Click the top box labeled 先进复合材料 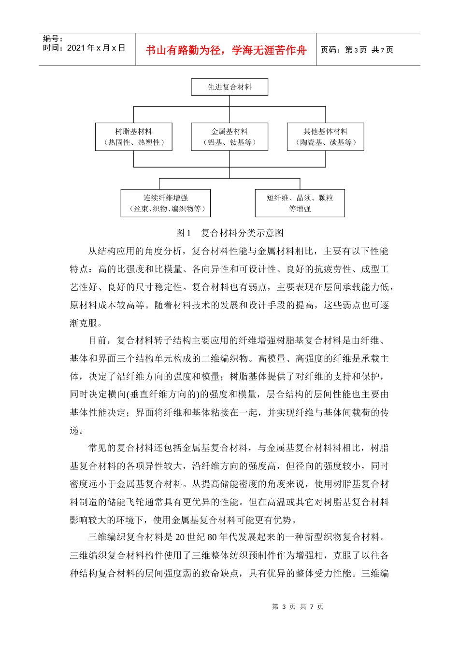229,87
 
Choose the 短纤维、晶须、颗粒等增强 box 300,203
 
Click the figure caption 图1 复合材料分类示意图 229,233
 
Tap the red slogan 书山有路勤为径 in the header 226,50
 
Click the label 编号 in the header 52,39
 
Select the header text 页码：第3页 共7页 357,50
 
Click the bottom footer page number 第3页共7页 298,607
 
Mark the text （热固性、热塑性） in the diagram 133,142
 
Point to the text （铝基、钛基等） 229,142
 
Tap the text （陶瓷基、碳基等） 325,142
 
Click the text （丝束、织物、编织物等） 165,209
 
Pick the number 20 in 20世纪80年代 180,537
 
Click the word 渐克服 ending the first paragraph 84,323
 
